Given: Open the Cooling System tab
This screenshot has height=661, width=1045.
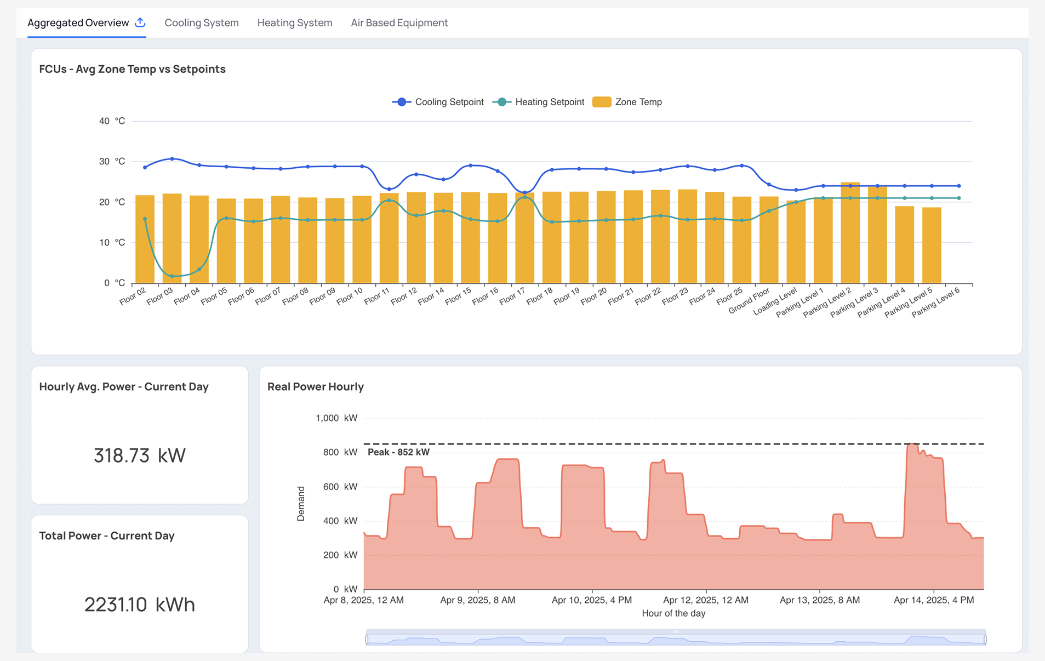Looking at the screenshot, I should (x=201, y=23).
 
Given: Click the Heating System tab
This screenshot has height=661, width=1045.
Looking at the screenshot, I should (x=294, y=23).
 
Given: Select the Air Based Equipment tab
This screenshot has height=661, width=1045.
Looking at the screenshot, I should (x=399, y=23).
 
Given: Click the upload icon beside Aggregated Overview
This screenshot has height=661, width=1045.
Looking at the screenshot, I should (x=140, y=22).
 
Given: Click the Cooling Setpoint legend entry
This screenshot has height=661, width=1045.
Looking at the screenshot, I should (x=438, y=102).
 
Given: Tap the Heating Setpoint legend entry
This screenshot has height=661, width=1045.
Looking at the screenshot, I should (x=539, y=102).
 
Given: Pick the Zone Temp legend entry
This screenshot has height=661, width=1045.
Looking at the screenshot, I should (x=627, y=102).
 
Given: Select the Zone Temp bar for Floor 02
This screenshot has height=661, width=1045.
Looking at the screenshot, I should (x=145, y=241).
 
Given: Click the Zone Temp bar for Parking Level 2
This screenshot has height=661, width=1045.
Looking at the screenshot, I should (x=850, y=236).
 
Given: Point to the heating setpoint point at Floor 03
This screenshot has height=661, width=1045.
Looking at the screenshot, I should (x=172, y=276).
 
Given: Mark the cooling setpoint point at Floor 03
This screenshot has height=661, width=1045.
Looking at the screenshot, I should (x=172, y=159).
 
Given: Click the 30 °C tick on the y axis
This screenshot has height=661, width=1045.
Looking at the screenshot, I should (x=112, y=162).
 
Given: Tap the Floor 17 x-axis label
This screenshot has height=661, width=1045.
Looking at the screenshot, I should (x=512, y=297).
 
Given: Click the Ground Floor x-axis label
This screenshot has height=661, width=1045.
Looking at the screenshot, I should (x=749, y=301).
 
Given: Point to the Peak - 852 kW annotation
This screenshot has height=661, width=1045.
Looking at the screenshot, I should (x=398, y=452).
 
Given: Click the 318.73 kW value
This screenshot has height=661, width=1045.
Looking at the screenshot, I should (x=139, y=455).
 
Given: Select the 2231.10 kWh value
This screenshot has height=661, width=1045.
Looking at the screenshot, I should (x=139, y=605).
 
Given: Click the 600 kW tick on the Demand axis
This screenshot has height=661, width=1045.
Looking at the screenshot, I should (x=340, y=487).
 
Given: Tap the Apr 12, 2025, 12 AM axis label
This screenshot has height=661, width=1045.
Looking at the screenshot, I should (x=705, y=600).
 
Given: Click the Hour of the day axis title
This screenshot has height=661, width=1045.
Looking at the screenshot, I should (x=673, y=613).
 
